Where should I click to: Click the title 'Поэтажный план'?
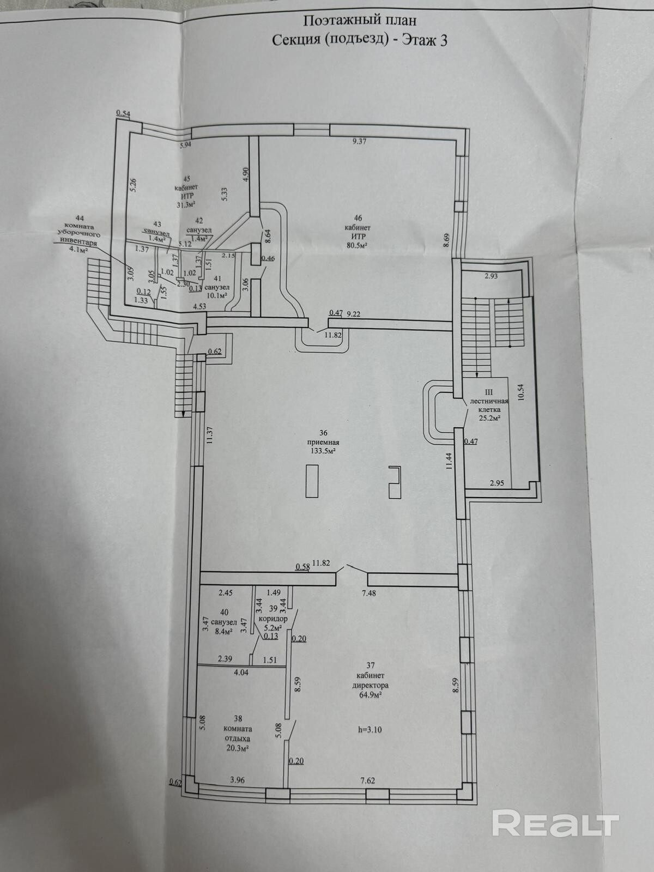359,21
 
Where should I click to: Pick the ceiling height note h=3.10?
370,729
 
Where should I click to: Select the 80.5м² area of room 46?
357,246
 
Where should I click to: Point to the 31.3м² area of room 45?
187,204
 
